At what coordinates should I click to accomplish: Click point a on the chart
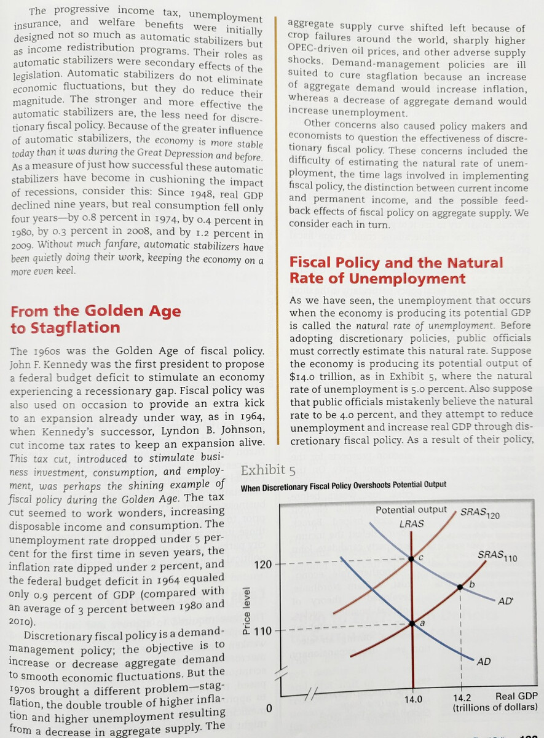(x=412, y=623)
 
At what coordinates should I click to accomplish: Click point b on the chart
(x=460, y=587)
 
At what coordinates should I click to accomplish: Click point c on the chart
(x=412, y=558)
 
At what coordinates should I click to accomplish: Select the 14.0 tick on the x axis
(x=412, y=699)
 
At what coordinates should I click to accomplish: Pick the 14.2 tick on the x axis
(x=461, y=699)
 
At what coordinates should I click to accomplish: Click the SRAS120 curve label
(x=479, y=513)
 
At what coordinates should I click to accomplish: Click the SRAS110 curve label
(x=498, y=557)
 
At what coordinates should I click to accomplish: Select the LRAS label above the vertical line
(x=411, y=524)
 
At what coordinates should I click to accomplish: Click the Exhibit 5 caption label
(x=269, y=471)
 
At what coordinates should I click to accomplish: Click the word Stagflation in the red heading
(x=65, y=327)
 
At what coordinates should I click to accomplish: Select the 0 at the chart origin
(x=269, y=708)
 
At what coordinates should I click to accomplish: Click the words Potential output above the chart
(x=411, y=510)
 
